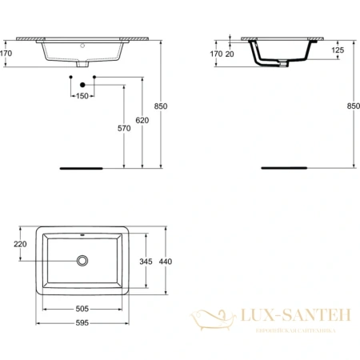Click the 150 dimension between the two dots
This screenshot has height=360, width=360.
82,95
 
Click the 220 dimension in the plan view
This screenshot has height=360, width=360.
21,244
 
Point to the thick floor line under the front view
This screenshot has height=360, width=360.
82,169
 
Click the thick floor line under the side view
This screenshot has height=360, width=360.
283,169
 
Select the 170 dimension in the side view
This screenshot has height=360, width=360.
215,54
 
